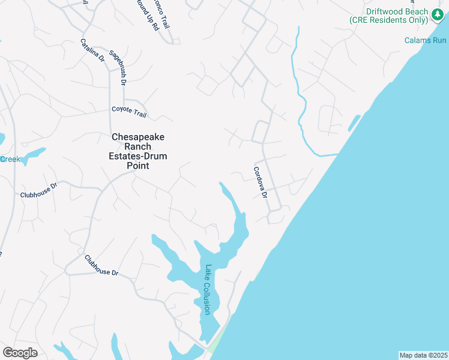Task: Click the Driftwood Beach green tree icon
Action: pyautogui.click(x=436, y=16)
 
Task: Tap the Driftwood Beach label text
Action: pyautogui.click(x=390, y=12)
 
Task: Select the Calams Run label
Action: pyautogui.click(x=426, y=40)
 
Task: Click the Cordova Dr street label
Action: pyautogui.click(x=260, y=183)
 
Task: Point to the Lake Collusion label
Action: pyautogui.click(x=208, y=290)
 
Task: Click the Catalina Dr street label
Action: pyautogui.click(x=92, y=50)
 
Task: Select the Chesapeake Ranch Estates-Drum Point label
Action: pyautogui.click(x=139, y=151)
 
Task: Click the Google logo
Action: pyautogui.click(x=20, y=352)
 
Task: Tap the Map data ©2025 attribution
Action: pyautogui.click(x=423, y=355)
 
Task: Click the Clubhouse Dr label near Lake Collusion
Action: pyautogui.click(x=101, y=265)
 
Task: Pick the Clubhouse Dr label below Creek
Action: pyautogui.click(x=38, y=190)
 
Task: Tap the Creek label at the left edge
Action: pyautogui.click(x=10, y=159)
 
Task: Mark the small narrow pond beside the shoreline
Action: pyautogui.click(x=354, y=122)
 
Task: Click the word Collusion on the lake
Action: pyautogui.click(x=207, y=298)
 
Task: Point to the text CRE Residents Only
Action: pyautogui.click(x=390, y=20)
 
